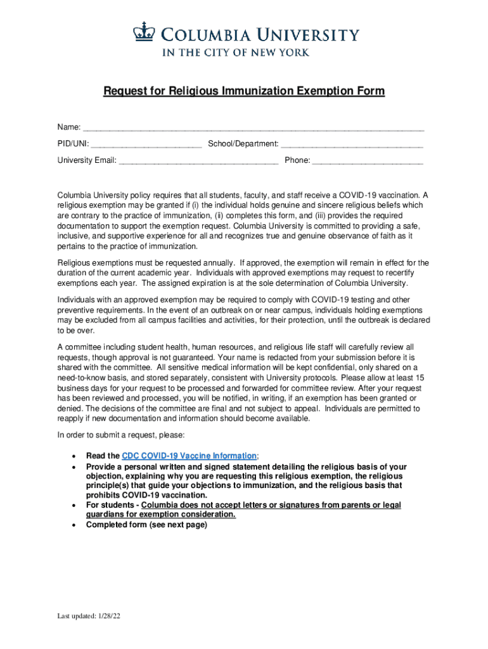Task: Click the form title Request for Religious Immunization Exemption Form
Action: [x=244, y=92]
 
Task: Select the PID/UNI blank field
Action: [x=146, y=145]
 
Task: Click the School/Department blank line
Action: [x=352, y=145]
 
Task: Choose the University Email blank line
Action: [x=198, y=161]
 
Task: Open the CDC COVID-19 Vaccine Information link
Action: [x=189, y=456]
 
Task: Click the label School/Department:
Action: [x=243, y=144]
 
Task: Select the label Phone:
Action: [x=297, y=160]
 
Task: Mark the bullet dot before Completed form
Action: [x=76, y=525]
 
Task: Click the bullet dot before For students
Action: [x=76, y=505]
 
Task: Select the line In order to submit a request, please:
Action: [x=121, y=435]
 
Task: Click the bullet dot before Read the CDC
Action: [x=76, y=456]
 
